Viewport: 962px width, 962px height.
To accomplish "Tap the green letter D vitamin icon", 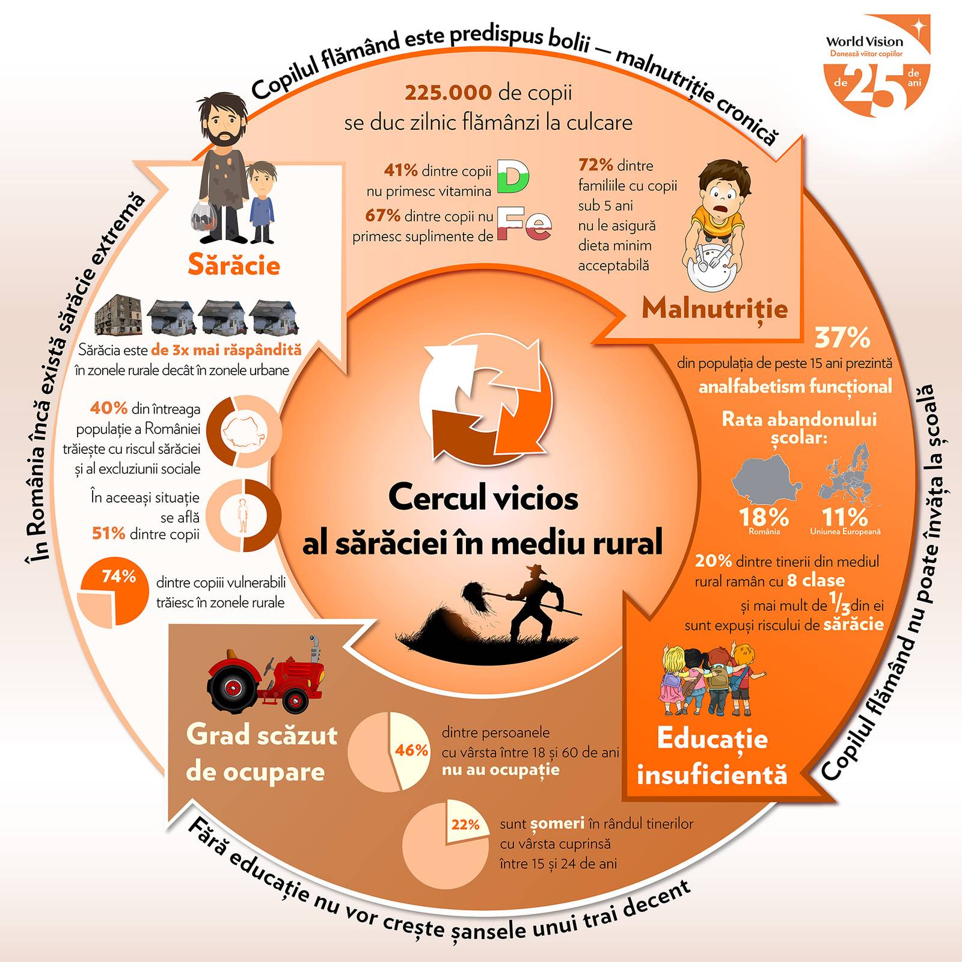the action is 513,177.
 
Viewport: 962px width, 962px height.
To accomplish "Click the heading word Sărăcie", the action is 234,265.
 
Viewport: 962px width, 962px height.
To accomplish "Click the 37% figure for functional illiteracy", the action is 842,338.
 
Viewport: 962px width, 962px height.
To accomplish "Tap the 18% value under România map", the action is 764,517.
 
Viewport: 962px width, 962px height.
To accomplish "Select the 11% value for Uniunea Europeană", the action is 845,517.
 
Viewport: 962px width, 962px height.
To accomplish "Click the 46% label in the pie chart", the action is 411,750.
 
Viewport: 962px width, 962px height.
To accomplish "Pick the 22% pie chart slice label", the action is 465,824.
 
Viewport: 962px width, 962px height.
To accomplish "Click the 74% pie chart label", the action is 119,577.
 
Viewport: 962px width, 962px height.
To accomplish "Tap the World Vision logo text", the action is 865,41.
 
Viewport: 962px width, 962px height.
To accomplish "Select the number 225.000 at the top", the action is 449,93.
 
